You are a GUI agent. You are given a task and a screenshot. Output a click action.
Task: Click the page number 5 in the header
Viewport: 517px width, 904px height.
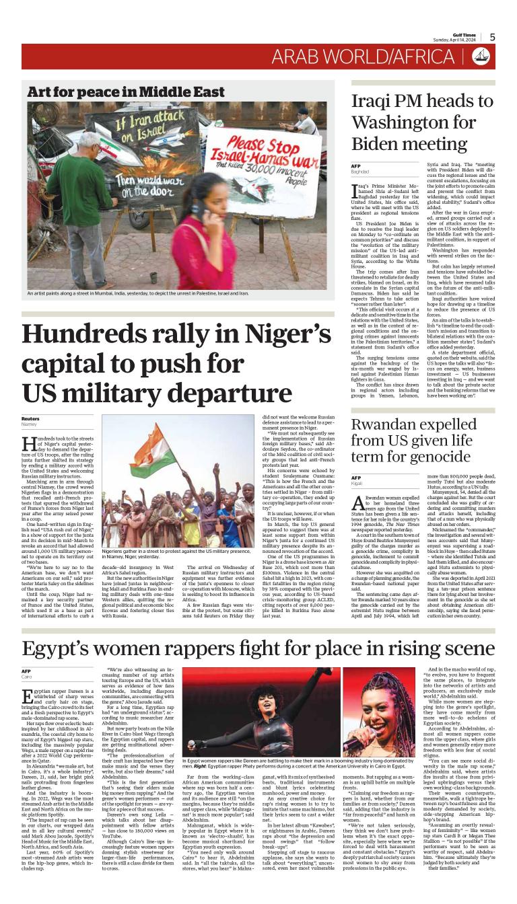(x=492, y=37)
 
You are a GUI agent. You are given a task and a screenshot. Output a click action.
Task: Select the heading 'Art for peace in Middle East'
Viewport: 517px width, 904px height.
(x=126, y=91)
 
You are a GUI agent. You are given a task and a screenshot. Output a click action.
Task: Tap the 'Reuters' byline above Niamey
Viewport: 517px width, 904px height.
(x=31, y=418)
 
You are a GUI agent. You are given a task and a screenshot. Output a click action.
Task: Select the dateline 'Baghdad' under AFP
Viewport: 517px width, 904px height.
(x=362, y=172)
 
